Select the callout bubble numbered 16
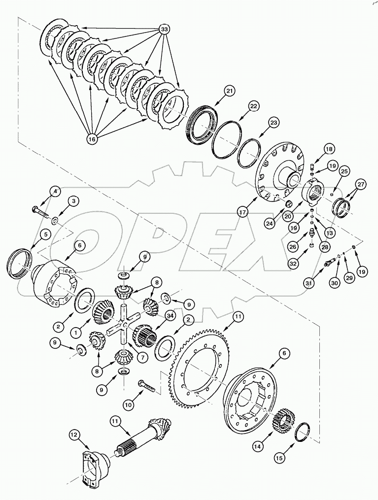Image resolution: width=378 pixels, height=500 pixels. click(92, 139)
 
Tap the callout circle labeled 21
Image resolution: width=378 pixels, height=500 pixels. click(230, 91)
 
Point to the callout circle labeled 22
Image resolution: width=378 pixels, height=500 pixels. click(253, 106)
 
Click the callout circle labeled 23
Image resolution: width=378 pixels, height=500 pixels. click(274, 122)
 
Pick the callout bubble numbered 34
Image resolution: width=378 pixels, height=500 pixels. click(171, 315)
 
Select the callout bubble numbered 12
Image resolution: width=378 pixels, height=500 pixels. click(74, 435)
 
